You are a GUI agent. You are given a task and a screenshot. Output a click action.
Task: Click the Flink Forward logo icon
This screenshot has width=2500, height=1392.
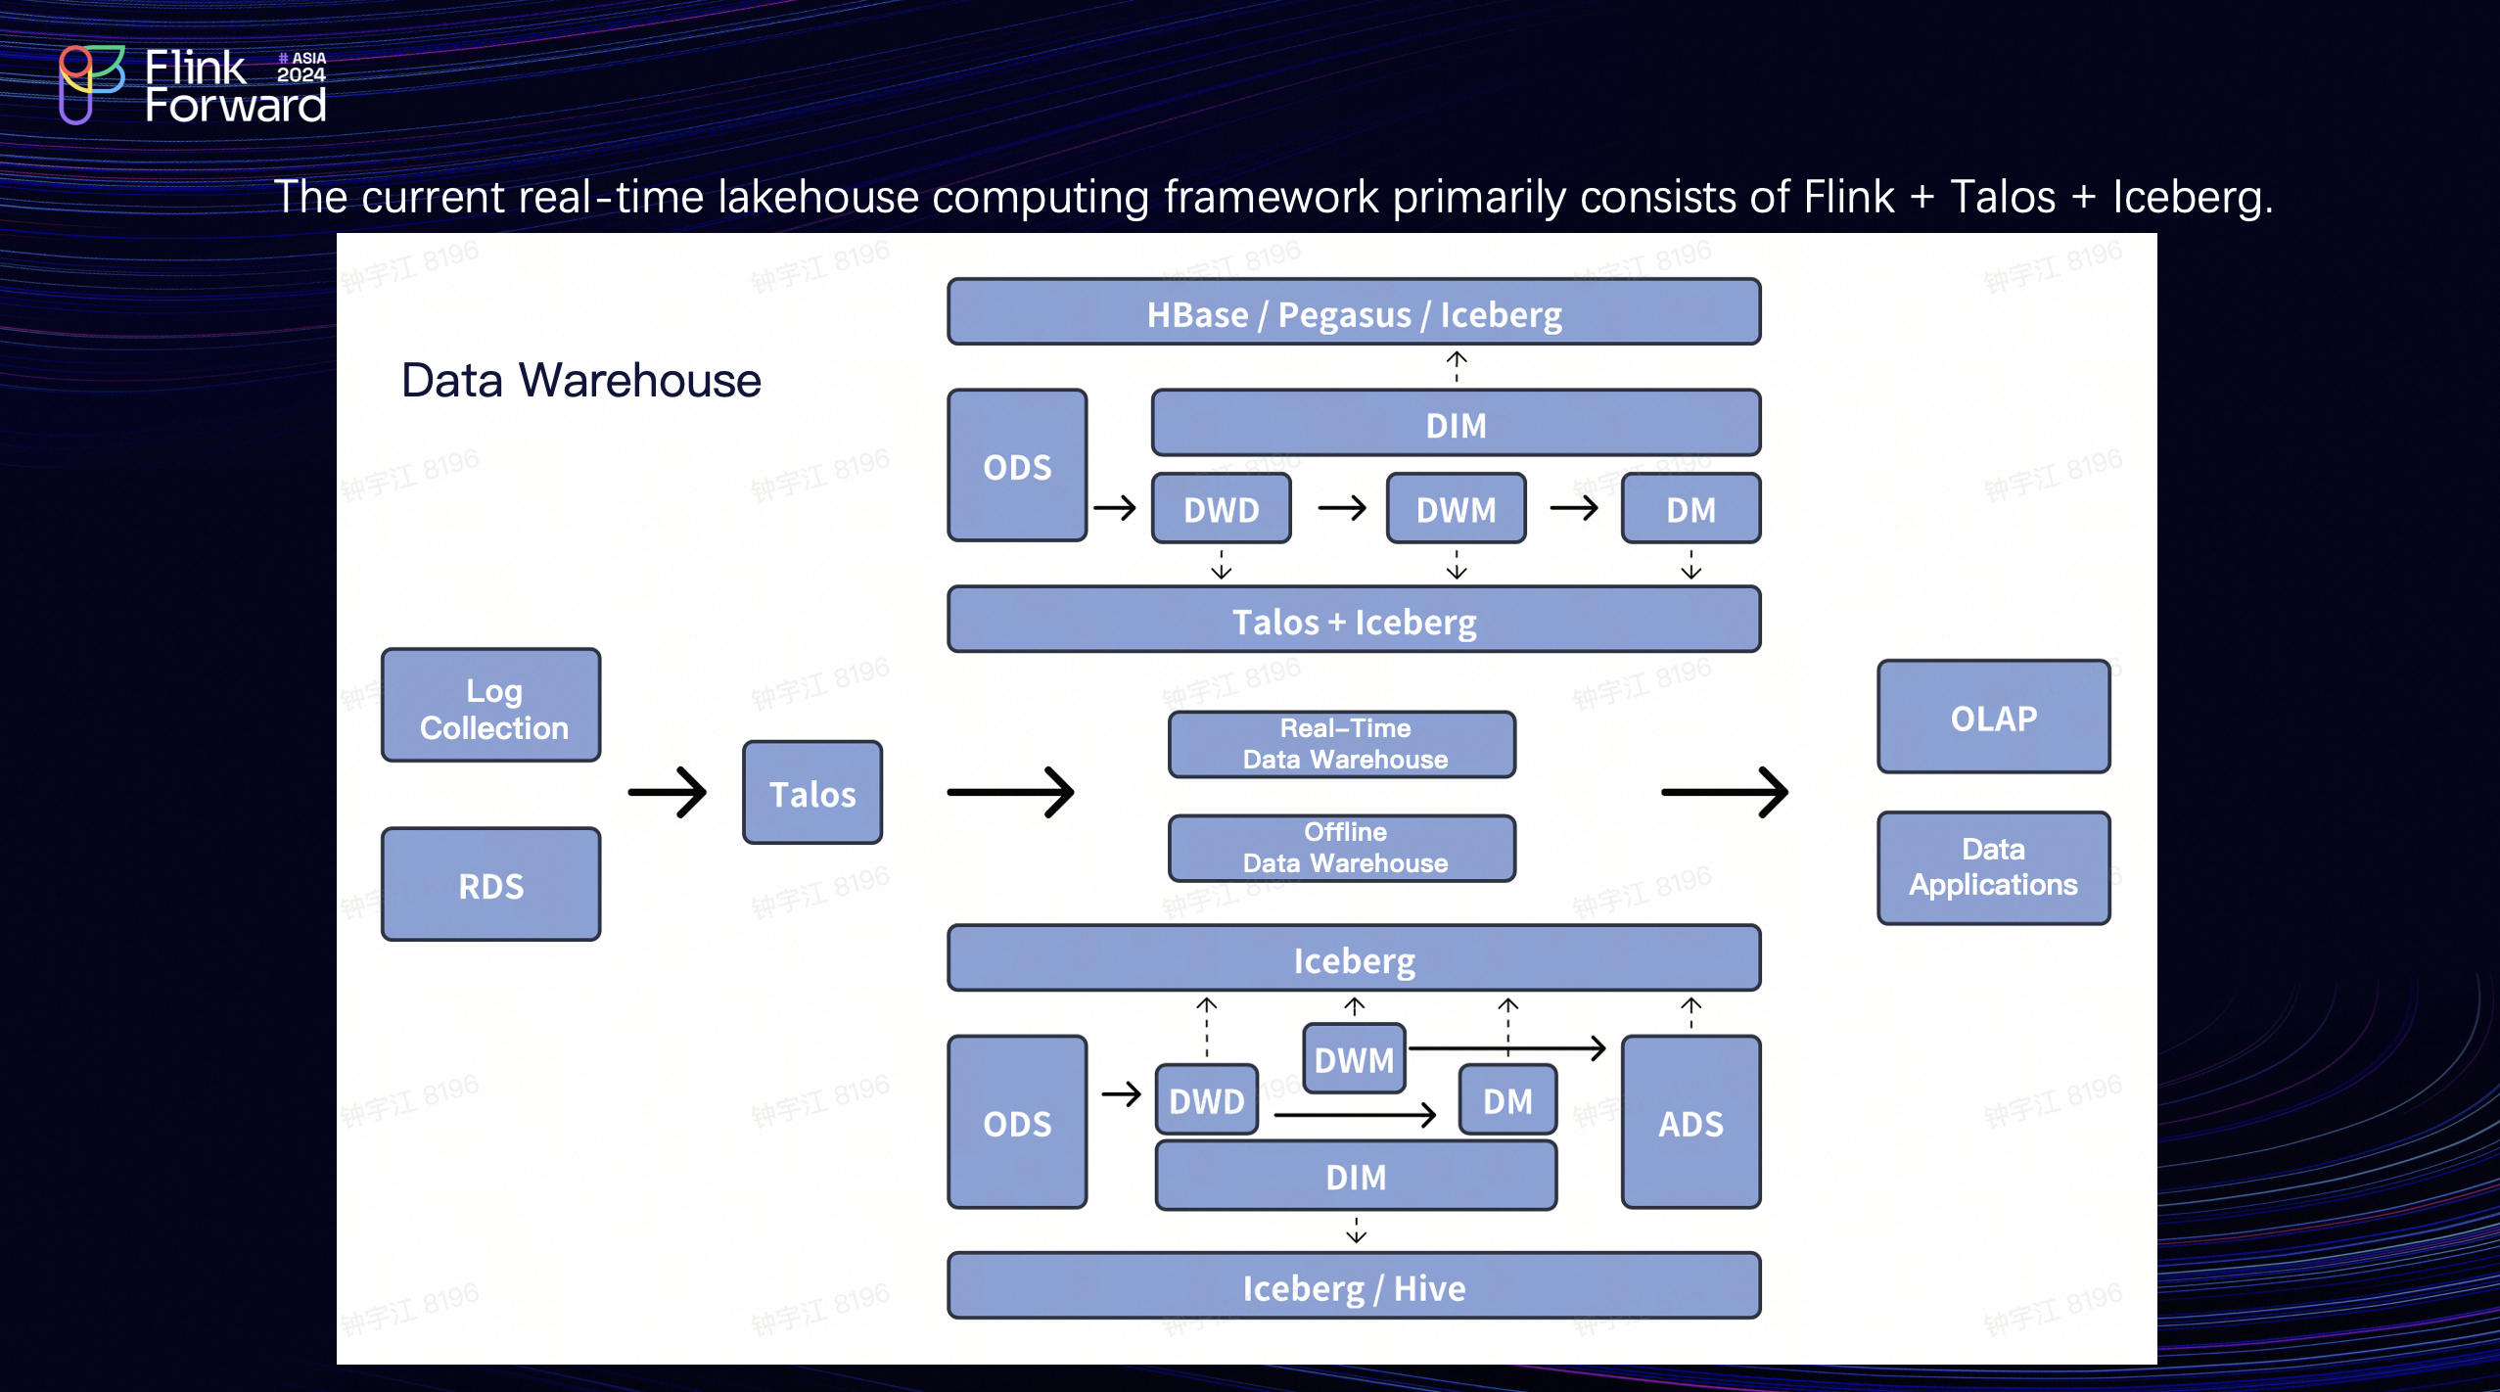click(90, 84)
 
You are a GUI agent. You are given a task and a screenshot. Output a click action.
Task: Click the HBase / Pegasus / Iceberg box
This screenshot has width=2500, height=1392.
click(1353, 313)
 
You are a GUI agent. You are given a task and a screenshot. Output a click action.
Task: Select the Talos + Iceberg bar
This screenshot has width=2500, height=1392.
click(1353, 621)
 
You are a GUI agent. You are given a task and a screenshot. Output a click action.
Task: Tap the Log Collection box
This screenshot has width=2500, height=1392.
click(491, 707)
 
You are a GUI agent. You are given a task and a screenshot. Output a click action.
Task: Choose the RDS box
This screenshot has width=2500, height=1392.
click(491, 885)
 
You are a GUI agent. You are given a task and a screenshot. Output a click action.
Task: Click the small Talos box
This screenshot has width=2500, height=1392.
click(811, 793)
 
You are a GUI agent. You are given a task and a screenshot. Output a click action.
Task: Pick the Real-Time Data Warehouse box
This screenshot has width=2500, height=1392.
click(1342, 745)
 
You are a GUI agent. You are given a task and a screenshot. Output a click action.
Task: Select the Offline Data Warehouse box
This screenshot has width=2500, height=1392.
click(1342, 848)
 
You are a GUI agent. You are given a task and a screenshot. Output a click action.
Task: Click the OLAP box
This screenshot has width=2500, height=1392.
click(1993, 718)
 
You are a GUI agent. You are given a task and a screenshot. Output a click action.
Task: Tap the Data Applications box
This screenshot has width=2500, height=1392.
click(1993, 867)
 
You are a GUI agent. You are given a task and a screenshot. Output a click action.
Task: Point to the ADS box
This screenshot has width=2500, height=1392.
click(1690, 1123)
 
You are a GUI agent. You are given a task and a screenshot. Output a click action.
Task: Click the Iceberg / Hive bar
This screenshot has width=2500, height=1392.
click(1353, 1286)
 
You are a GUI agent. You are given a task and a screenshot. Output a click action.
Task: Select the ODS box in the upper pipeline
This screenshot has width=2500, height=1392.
click(1017, 466)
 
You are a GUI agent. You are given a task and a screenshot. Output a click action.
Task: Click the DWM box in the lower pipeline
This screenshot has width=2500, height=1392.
click(1354, 1059)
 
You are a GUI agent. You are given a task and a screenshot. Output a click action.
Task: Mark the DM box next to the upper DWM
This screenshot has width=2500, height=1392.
click(1690, 509)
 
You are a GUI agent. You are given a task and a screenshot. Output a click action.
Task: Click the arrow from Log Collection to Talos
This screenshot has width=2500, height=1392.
click(668, 793)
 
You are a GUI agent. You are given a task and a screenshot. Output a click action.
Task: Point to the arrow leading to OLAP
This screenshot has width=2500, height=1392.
click(1725, 793)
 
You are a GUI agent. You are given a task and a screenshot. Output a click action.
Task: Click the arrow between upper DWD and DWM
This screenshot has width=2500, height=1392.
click(1342, 508)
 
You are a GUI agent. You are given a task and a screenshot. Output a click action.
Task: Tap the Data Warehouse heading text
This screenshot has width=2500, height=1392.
click(580, 380)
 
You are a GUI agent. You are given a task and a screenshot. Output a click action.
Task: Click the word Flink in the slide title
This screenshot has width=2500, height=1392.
click(1848, 197)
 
